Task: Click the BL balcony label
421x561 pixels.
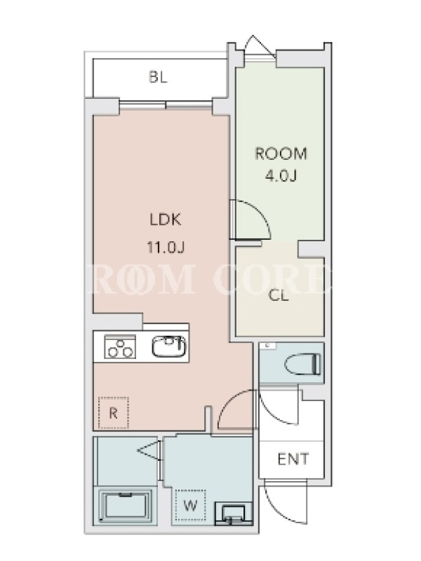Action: click(x=159, y=77)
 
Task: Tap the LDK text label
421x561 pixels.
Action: click(x=166, y=219)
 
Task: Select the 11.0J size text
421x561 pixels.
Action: click(x=166, y=247)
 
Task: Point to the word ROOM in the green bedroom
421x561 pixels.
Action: click(x=281, y=154)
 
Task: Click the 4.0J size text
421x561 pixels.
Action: click(x=281, y=176)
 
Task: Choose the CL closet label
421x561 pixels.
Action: click(x=279, y=295)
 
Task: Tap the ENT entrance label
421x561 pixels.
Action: click(x=293, y=459)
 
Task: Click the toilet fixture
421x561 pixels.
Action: click(x=303, y=364)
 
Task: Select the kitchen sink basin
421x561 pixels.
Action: click(x=169, y=346)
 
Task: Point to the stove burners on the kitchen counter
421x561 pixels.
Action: click(x=120, y=346)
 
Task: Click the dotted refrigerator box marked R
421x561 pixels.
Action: click(x=114, y=413)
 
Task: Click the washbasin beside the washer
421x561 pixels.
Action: click(x=233, y=514)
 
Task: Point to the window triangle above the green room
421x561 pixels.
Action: click(x=260, y=46)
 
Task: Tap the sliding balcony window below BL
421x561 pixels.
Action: click(x=166, y=104)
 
